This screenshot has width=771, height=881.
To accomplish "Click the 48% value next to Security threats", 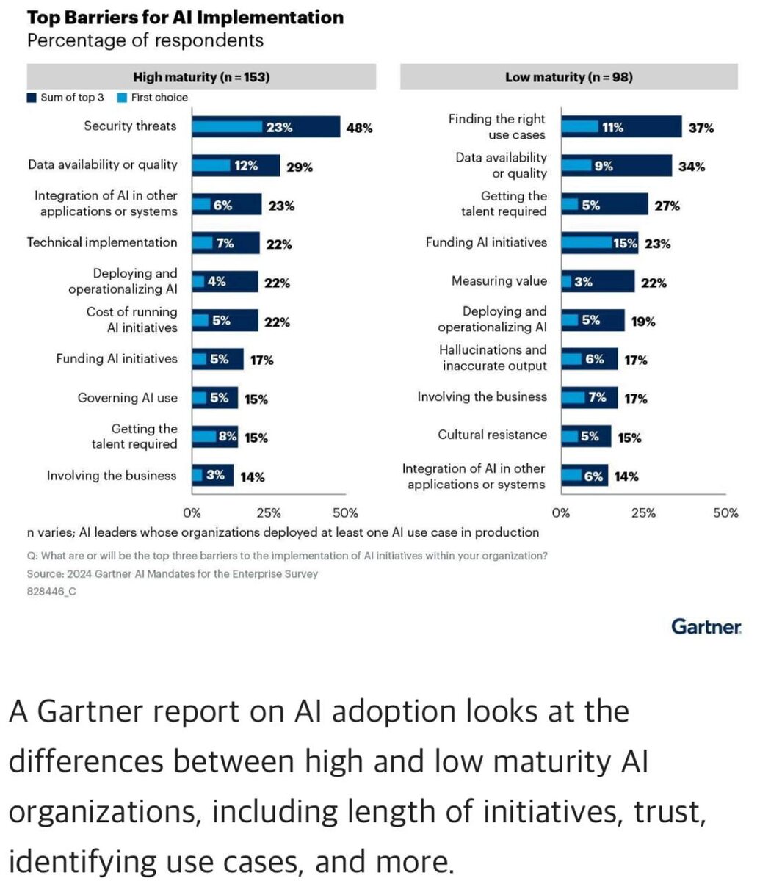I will coord(359,128).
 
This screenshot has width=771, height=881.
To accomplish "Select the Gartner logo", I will coord(706,626).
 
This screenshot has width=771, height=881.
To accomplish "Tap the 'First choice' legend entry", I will coord(159,97).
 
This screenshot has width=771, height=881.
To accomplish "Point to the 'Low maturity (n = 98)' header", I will coord(568,77).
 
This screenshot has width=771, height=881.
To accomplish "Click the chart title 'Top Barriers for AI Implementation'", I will coord(185,18).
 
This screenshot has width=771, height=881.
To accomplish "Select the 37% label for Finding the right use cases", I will coord(701,128).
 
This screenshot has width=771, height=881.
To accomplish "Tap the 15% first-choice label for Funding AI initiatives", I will coord(625,243).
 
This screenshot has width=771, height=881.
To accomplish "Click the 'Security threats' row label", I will coord(130,126).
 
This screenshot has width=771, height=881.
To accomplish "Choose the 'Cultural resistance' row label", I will coord(492,435).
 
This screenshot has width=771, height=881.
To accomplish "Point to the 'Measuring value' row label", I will coord(499,281).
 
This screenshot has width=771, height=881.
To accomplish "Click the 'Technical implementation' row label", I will coord(102,242).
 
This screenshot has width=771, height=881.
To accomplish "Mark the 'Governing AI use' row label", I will coord(127,398).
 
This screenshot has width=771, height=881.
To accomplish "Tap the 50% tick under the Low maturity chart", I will coord(725,512).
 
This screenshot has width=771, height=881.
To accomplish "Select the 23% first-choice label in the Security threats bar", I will coord(279,127).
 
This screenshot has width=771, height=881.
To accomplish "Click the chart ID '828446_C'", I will coord(51,591).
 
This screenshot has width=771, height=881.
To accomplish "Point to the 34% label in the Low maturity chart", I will coord(692,167).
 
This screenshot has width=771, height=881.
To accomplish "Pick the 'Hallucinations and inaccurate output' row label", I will coord(493,358).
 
